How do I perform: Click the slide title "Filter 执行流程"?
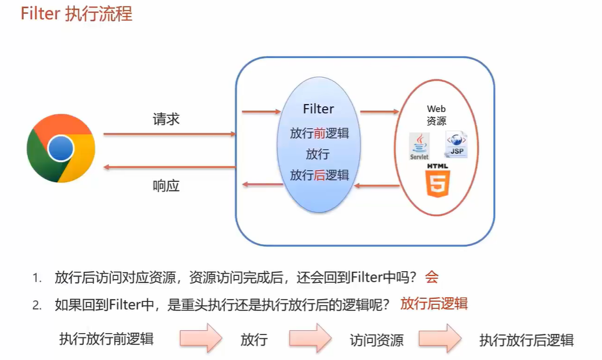(x=76, y=13)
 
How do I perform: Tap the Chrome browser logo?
(x=60, y=149)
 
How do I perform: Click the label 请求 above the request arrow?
(x=166, y=120)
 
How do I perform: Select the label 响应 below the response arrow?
(x=166, y=186)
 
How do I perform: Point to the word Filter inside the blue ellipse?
(x=318, y=109)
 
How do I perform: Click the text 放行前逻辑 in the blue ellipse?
(x=319, y=133)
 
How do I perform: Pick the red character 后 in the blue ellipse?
(x=319, y=175)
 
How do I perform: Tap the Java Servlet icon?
(x=419, y=146)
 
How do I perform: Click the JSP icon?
(x=456, y=145)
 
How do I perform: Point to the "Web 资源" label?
(x=436, y=115)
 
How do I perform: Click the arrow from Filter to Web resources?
(x=379, y=111)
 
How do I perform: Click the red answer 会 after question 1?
(x=431, y=277)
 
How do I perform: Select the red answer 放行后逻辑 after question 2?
(x=433, y=304)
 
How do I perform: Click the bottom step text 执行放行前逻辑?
(x=106, y=339)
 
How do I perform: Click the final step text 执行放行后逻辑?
(x=526, y=340)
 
